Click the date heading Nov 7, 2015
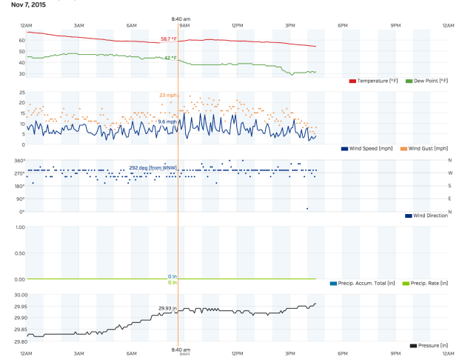(28, 4)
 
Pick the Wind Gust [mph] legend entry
(426, 149)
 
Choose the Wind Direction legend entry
(429, 216)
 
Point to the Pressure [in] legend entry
(433, 345)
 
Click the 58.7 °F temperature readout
(169, 39)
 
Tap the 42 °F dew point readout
(170, 58)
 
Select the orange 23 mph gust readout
(168, 96)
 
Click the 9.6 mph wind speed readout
(167, 121)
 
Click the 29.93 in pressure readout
(168, 307)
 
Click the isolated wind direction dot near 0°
(307, 208)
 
